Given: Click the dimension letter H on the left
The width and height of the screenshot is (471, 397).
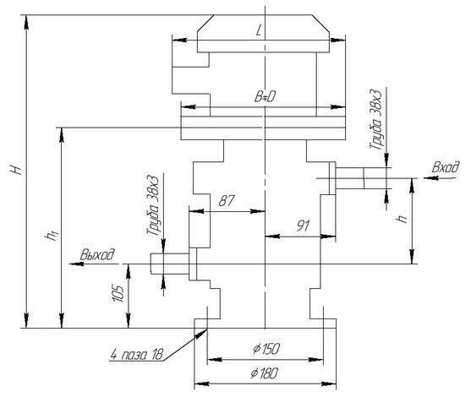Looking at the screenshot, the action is point(16,170).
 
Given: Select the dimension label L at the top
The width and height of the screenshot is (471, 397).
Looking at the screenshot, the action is point(259,30).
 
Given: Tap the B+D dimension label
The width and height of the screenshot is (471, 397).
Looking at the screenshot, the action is point(265,97).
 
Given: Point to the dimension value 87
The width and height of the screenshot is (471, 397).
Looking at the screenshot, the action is point(226,200).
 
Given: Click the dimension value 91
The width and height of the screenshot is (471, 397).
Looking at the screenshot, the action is point(303,226).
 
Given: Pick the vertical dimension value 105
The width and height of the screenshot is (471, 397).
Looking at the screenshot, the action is point(118,293).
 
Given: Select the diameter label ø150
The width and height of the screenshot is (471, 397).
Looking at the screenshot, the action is point(266,348).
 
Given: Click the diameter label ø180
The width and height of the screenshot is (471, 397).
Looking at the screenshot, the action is point(265,373).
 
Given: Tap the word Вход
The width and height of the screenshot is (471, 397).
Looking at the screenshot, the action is point(446,167).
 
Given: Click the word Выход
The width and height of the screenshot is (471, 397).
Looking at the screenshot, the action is point(97,254).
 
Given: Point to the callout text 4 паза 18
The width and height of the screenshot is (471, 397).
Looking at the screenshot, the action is point(137,355).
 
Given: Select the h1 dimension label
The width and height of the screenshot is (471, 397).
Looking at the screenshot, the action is point(50,237).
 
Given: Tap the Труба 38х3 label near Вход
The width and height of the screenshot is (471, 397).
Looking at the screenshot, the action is point(375,119).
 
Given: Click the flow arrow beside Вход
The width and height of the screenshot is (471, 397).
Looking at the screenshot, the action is point(441,178).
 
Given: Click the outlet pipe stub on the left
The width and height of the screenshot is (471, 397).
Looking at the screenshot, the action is point(170,264).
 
